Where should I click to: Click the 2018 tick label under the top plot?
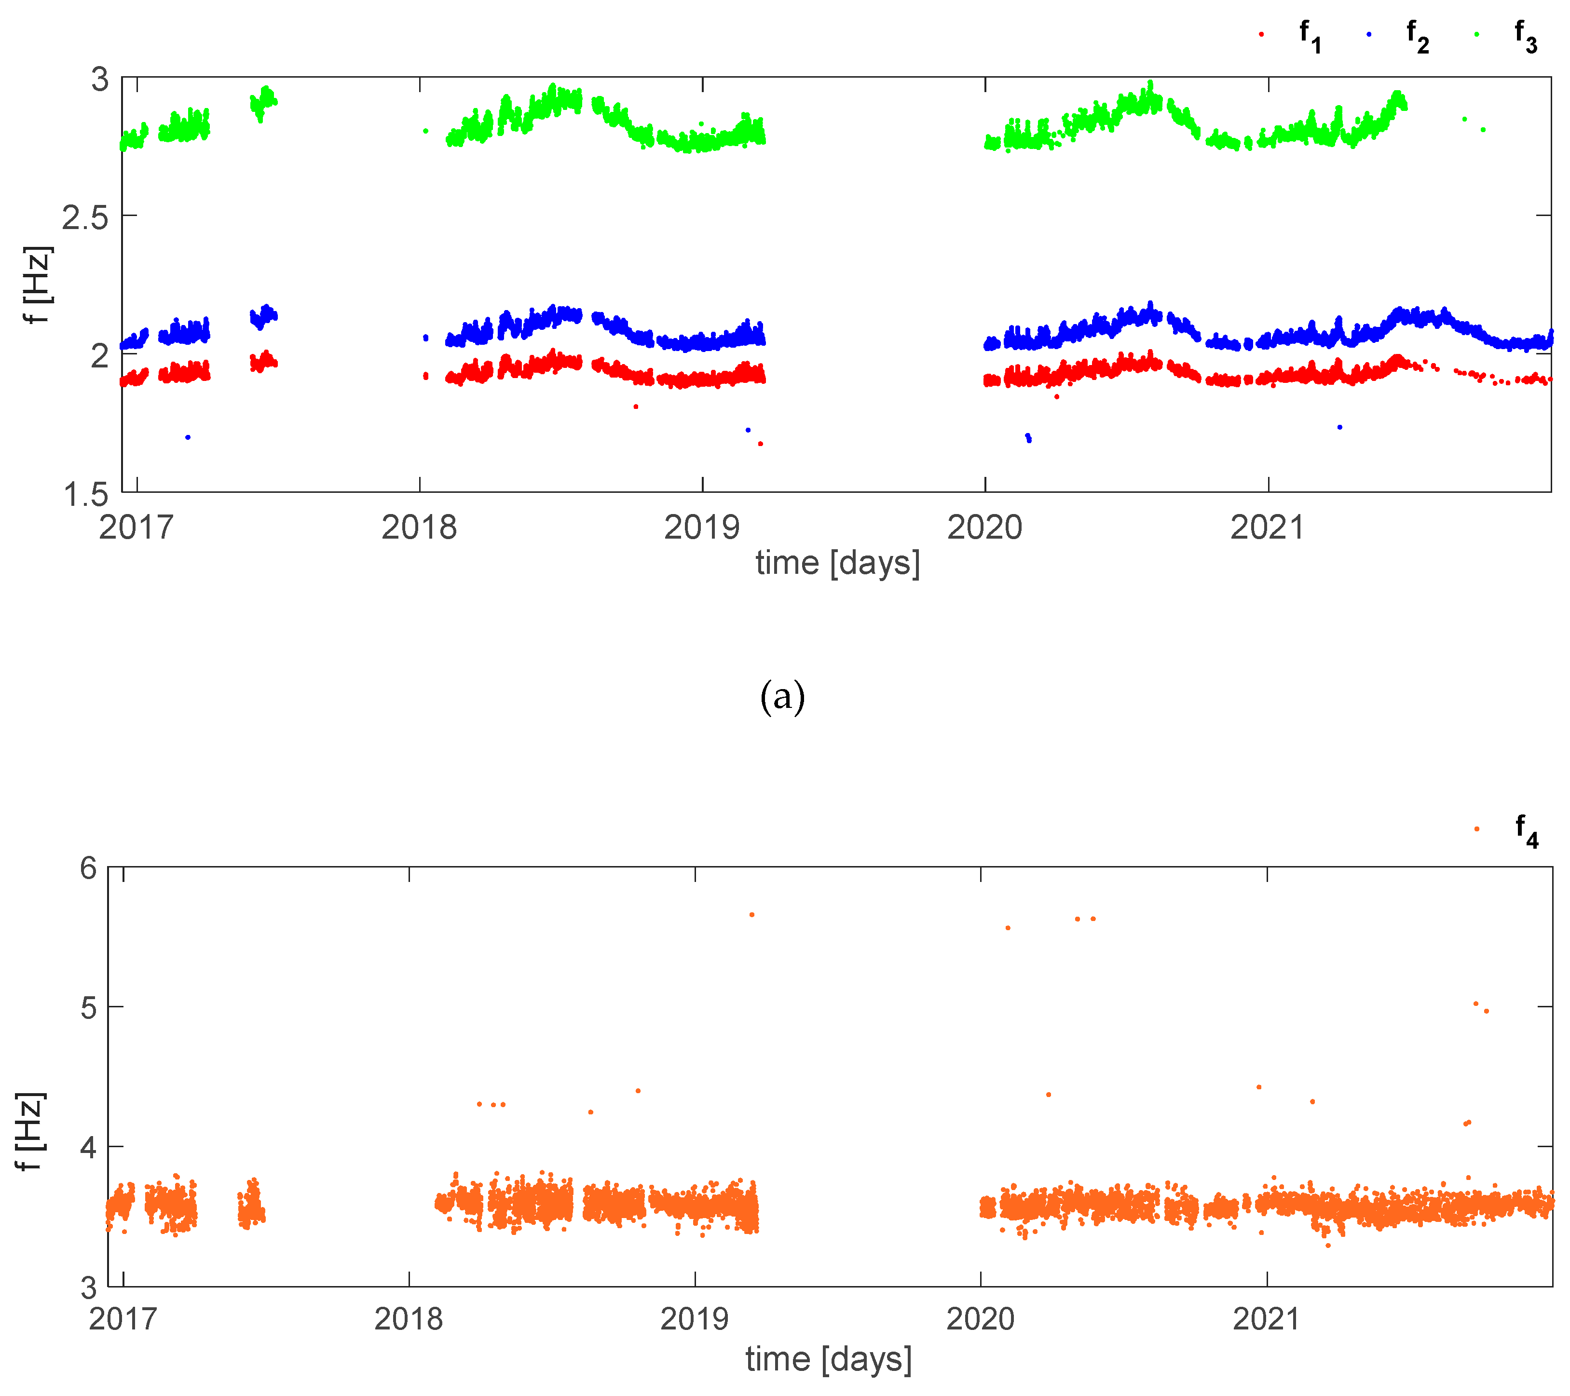tap(419, 528)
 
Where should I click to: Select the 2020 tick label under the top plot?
tap(985, 528)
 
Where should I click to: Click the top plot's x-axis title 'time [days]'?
tap(837, 563)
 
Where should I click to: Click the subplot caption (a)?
tap(782, 696)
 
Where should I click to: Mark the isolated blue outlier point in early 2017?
tap(188, 437)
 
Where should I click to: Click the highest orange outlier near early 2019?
tap(752, 915)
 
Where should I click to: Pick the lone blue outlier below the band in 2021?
tap(1339, 427)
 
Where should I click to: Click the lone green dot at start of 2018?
tap(425, 131)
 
